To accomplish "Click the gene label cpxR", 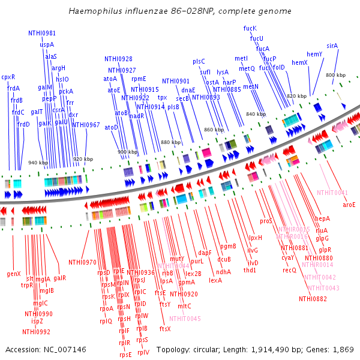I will point(8,77).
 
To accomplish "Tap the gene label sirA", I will point(332,46).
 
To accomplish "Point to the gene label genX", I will point(14,274).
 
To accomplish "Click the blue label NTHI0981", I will point(42,34).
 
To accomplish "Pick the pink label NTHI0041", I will point(332,193).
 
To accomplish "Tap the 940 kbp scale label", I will point(38,163).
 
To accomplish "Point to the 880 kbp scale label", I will point(170,142).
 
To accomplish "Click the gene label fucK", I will point(250,28).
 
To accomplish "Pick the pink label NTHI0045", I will point(186,319).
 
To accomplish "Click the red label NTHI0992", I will point(37,331).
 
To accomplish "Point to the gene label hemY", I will point(314,54).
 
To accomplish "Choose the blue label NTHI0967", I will point(86,125).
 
